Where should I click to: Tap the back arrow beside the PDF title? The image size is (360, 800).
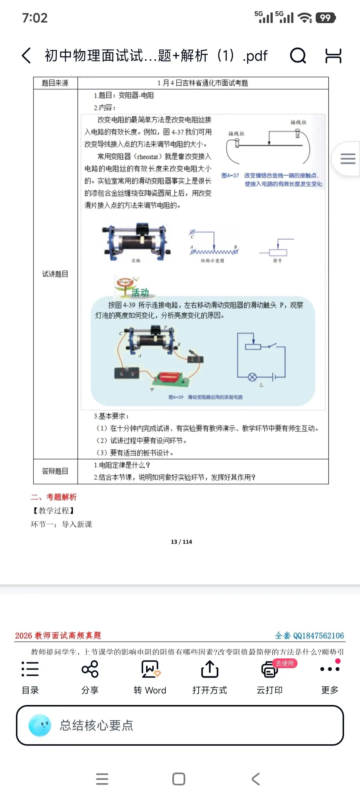27,55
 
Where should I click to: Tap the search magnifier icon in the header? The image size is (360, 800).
298,55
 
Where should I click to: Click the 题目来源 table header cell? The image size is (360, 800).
55,83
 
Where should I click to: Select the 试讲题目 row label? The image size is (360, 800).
55,274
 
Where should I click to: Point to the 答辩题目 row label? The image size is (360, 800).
55,471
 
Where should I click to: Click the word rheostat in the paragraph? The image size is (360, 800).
147,157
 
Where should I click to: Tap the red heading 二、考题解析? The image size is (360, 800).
54,497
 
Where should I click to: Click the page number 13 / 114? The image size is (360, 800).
181,542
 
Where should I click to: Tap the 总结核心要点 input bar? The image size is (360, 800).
180,725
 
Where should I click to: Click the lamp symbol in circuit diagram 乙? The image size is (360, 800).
252,377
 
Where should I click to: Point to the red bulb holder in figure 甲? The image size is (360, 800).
170,378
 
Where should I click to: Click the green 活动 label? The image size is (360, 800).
140,293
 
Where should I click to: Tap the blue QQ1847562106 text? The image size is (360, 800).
318,635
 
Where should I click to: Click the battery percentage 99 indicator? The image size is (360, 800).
326,18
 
